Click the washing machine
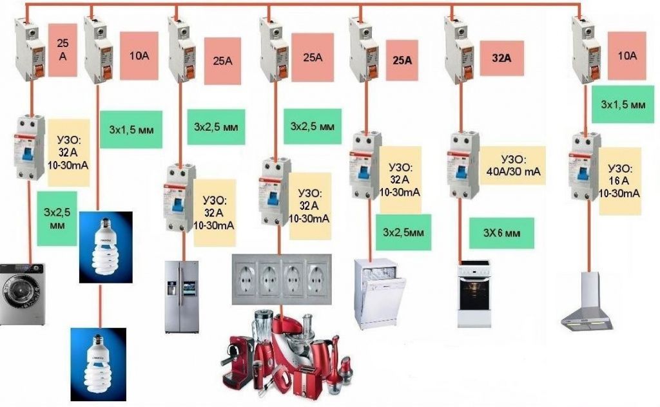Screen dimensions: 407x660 tap(23, 294)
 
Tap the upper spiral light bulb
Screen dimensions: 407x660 tap(106, 247)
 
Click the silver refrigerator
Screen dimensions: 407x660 tap(181, 296)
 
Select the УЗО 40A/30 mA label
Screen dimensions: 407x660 tap(513, 165)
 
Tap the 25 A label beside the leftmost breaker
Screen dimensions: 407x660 tap(63, 50)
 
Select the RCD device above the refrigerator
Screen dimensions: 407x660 tap(180, 196)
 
